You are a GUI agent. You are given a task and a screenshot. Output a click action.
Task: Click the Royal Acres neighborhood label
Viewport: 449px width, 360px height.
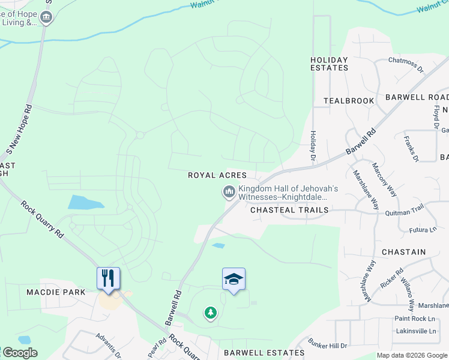[217, 175]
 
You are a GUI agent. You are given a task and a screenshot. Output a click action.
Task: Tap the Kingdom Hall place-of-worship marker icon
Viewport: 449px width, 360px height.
[228, 192]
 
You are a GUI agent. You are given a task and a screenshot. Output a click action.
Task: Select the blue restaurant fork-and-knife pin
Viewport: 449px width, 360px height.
[108, 279]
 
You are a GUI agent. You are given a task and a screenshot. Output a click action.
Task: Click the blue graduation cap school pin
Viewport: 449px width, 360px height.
[234, 280]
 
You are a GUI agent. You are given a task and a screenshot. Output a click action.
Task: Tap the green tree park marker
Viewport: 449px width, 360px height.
[210, 313]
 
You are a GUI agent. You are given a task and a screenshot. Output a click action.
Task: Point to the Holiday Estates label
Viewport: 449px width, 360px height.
[329, 64]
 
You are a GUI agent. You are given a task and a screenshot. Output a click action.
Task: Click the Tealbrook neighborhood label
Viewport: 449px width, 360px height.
[349, 101]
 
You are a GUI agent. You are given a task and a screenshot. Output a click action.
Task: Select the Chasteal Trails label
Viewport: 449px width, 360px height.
[289, 210]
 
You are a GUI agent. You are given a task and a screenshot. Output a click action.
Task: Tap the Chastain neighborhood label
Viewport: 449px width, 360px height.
[403, 252]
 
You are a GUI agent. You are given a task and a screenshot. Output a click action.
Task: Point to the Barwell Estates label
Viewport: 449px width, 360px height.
[264, 353]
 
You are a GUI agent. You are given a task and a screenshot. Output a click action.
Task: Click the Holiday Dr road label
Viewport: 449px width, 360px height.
[313, 146]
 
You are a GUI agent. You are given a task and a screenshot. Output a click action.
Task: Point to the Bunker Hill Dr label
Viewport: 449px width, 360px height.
[327, 346]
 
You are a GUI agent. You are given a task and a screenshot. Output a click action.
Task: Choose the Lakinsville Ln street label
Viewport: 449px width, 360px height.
[416, 331]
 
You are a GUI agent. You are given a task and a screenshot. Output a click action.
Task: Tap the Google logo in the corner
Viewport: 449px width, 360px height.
[19, 353]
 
